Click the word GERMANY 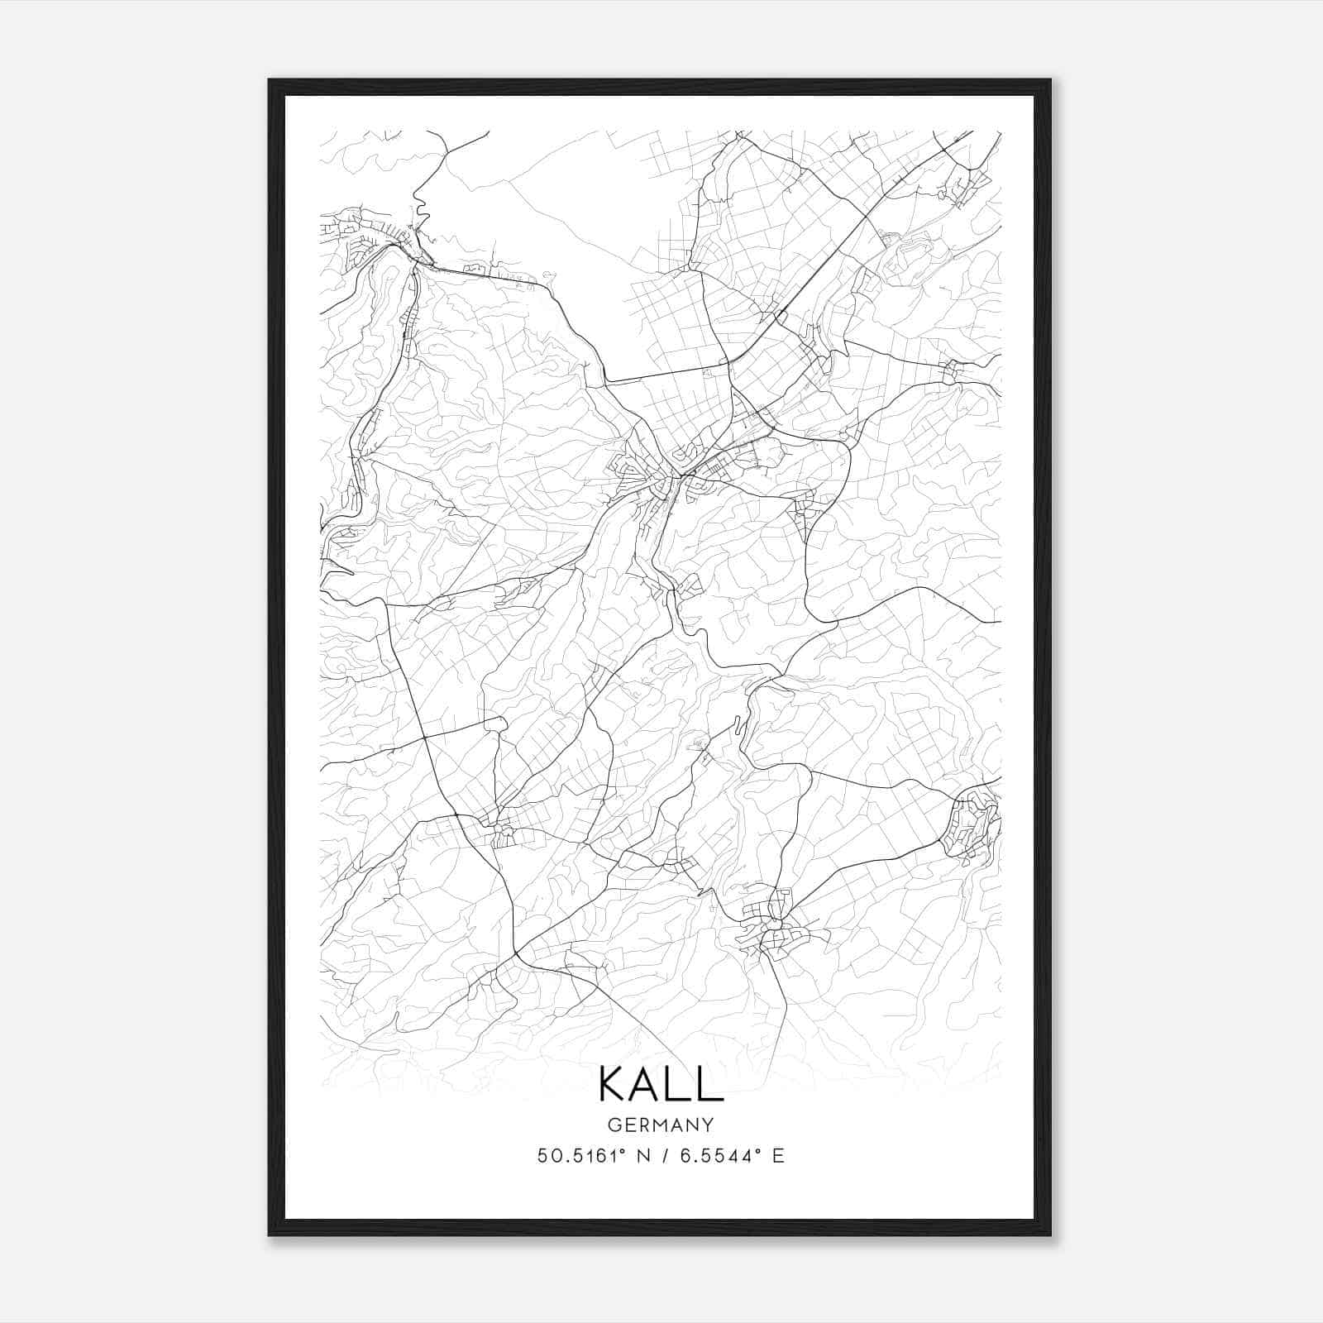pos(661,1125)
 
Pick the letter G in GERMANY pos(614,1125)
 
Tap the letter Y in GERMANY pos(708,1125)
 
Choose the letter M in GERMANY pos(661,1125)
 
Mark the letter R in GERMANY pos(644,1125)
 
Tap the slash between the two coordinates pos(662,1156)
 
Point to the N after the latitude pos(638,1156)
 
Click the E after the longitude pos(777,1156)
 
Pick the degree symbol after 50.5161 pos(614,1150)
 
